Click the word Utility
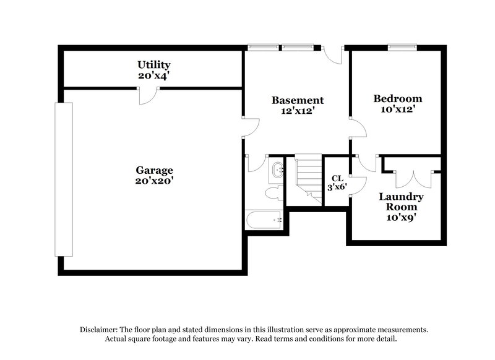click(x=154, y=64)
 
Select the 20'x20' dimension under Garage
click(x=155, y=181)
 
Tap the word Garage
click(x=155, y=170)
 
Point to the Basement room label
click(x=298, y=100)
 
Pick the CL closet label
click(x=337, y=178)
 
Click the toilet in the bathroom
click(x=272, y=194)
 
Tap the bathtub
click(x=264, y=220)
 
